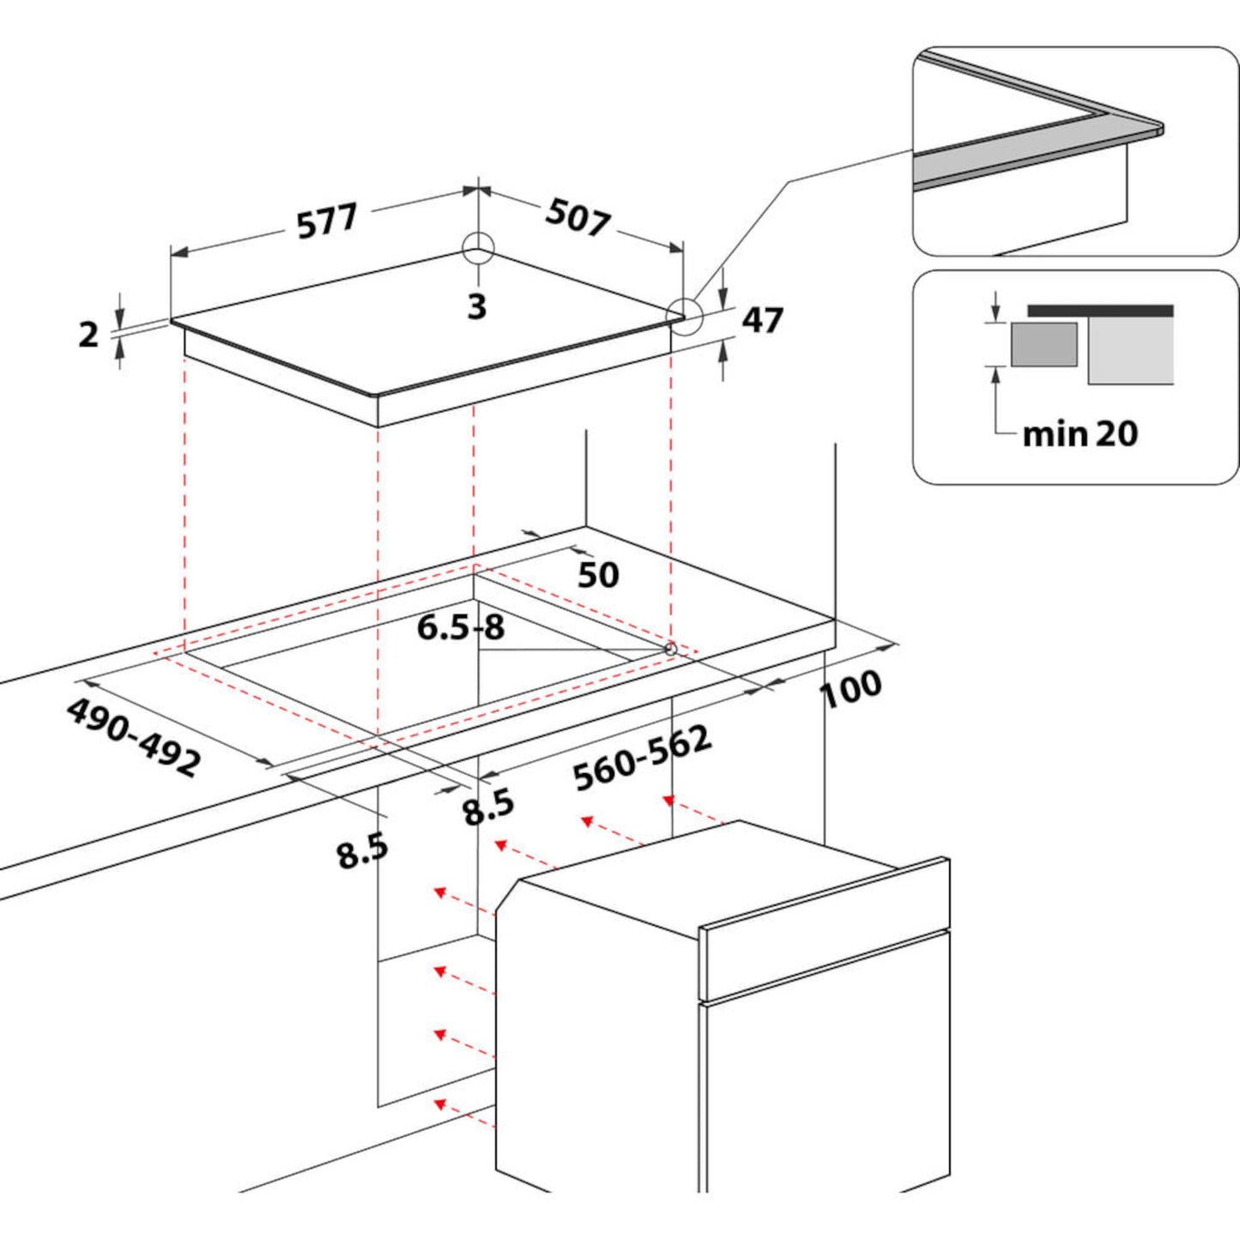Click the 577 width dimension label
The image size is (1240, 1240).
[327, 221]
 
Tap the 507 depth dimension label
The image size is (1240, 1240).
[578, 217]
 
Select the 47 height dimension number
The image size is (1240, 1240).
[762, 320]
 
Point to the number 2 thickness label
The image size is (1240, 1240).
[88, 335]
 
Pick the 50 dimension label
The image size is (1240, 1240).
[597, 575]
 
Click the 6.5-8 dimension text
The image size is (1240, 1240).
[461, 628]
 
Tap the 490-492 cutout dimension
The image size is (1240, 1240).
[134, 737]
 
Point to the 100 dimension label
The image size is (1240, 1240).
[851, 688]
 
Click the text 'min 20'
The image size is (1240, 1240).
[1080, 434]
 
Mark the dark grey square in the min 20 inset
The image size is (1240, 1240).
[1043, 345]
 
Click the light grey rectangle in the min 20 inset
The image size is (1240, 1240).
[1130, 351]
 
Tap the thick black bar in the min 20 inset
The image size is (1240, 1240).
[1100, 311]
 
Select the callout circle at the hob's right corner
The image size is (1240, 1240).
[685, 316]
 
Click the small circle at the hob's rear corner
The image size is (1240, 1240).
[478, 249]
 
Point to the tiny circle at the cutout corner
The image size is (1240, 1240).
[669, 650]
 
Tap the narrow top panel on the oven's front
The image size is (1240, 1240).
[824, 931]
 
